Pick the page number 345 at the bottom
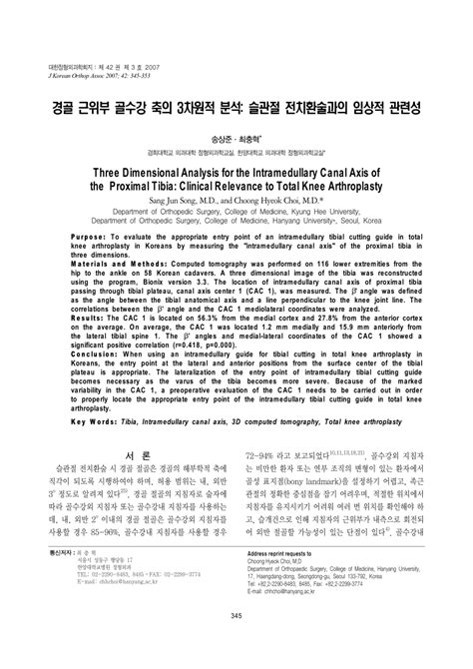click(236, 642)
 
